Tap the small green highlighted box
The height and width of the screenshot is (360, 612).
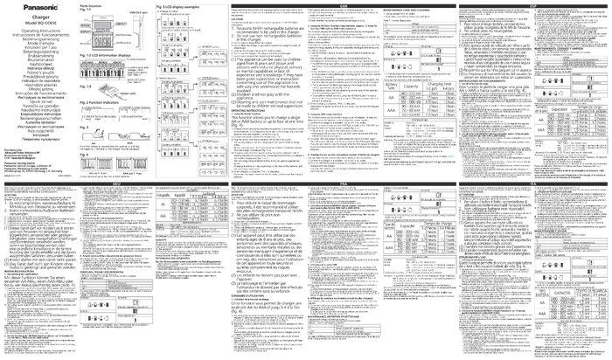(x=450, y=156)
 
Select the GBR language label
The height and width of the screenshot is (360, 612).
(x=343, y=5)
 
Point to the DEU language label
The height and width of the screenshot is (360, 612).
(x=115, y=184)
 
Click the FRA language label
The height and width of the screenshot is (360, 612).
(x=343, y=184)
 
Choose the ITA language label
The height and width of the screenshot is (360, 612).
(x=532, y=184)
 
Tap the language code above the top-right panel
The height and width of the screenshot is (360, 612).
(x=532, y=5)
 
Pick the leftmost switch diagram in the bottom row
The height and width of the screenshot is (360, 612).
(x=85, y=163)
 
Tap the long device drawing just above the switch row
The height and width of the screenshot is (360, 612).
(x=122, y=135)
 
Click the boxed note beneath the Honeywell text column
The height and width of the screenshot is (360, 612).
(x=38, y=162)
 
